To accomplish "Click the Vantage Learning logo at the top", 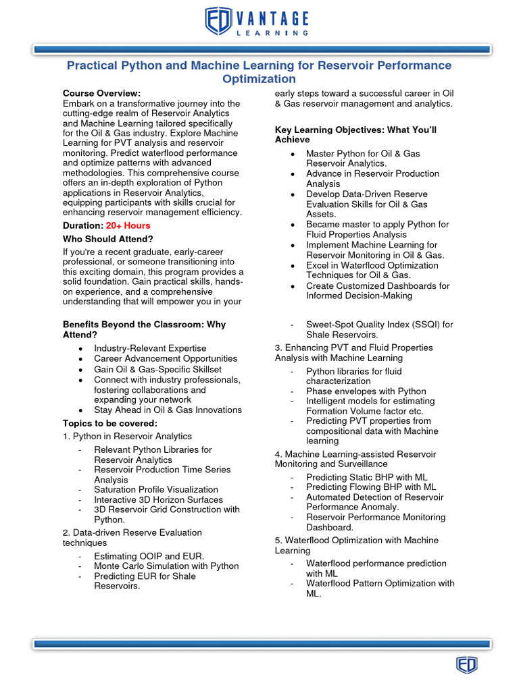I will click(x=257, y=22).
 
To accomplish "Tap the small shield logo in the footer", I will click(x=466, y=665).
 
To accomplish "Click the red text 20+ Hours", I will click(x=128, y=225).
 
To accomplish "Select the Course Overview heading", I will click(x=102, y=93).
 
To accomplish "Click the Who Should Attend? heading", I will click(x=108, y=239).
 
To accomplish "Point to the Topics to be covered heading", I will click(x=109, y=423).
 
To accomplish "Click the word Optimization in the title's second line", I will click(x=259, y=79).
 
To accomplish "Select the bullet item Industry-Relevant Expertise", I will click(x=150, y=348).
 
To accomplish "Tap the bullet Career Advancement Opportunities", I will click(x=166, y=359).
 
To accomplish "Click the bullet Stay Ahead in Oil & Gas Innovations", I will click(x=168, y=410).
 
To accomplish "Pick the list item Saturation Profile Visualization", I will click(x=156, y=489).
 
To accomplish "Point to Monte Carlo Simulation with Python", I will click(x=166, y=566).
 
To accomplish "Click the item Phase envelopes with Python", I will click(x=366, y=391).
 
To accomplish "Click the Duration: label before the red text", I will click(x=83, y=225).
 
